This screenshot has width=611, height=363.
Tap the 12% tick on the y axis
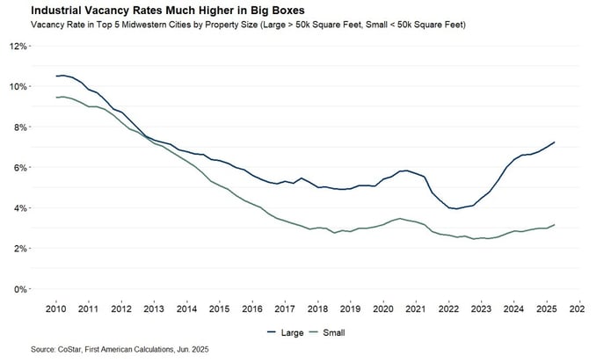coord(19,46)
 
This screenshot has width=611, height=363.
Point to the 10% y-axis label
coord(19,86)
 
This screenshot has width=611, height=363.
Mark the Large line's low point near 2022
coord(457,209)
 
